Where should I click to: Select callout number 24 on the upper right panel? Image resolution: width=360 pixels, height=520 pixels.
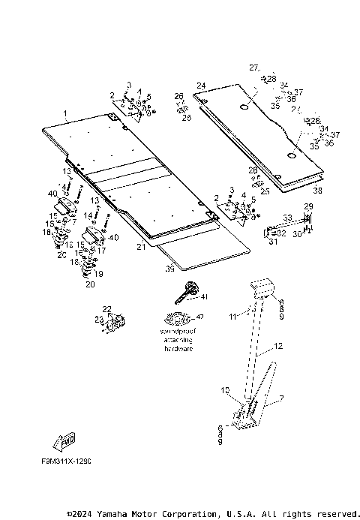coord(201,86)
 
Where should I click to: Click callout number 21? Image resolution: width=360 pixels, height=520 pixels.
coord(140,246)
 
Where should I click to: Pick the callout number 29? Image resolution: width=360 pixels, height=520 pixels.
coord(307,206)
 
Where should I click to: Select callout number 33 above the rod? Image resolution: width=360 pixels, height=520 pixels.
coord(286,218)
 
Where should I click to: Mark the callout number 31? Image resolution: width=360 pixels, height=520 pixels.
coord(272,241)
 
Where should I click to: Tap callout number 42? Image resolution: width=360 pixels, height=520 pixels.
coord(199,317)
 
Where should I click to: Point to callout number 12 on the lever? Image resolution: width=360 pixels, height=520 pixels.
coord(277,347)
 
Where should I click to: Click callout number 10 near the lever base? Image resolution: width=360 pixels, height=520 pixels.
coord(224,390)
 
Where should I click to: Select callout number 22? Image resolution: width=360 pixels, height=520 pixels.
coord(106,309)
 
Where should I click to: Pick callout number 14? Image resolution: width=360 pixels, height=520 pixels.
coord(88,215)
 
